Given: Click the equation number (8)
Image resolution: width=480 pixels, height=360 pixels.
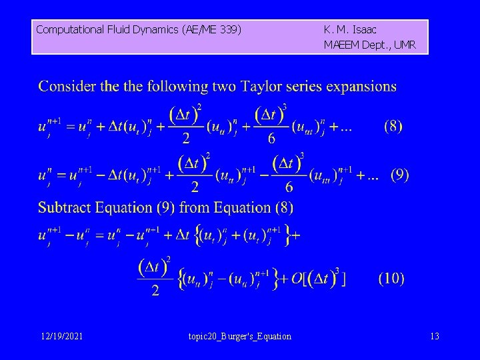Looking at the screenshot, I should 393,127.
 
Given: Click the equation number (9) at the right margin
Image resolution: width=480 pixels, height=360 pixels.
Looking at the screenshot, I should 399,176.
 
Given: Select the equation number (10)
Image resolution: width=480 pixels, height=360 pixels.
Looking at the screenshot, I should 391,279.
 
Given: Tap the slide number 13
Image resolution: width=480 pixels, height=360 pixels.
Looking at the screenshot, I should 435,336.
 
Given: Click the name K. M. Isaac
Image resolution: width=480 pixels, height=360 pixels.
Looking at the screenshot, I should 350,29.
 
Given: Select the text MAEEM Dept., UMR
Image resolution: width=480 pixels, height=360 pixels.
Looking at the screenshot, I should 369,45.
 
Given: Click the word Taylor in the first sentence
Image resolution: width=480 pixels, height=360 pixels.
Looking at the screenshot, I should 263,87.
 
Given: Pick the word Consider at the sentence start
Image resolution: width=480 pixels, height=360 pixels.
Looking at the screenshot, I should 67,87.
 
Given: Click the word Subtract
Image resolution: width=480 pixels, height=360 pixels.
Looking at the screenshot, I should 66,207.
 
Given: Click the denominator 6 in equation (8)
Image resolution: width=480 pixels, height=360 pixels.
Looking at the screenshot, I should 271,139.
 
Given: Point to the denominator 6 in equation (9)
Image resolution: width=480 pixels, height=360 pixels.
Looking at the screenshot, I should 289,188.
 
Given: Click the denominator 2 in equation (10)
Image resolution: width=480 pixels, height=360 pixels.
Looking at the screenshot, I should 155,291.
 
